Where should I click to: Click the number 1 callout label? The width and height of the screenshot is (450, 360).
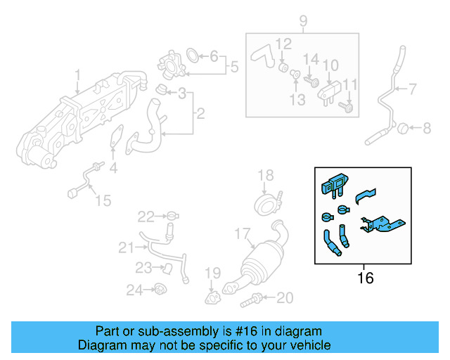(x=77, y=74)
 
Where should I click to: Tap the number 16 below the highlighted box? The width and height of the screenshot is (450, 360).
(x=365, y=278)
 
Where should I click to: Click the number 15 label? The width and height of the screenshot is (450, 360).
(x=103, y=201)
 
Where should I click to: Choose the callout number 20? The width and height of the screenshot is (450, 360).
(x=283, y=298)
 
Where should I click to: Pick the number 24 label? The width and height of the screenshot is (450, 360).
(x=134, y=289)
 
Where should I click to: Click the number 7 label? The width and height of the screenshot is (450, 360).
(x=413, y=89)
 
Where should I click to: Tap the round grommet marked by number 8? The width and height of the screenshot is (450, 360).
(x=403, y=128)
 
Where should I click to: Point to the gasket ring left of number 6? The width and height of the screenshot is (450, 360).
(x=192, y=55)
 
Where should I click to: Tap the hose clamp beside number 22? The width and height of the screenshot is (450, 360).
(x=171, y=215)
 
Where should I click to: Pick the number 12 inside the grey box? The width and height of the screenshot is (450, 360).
(x=283, y=44)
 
